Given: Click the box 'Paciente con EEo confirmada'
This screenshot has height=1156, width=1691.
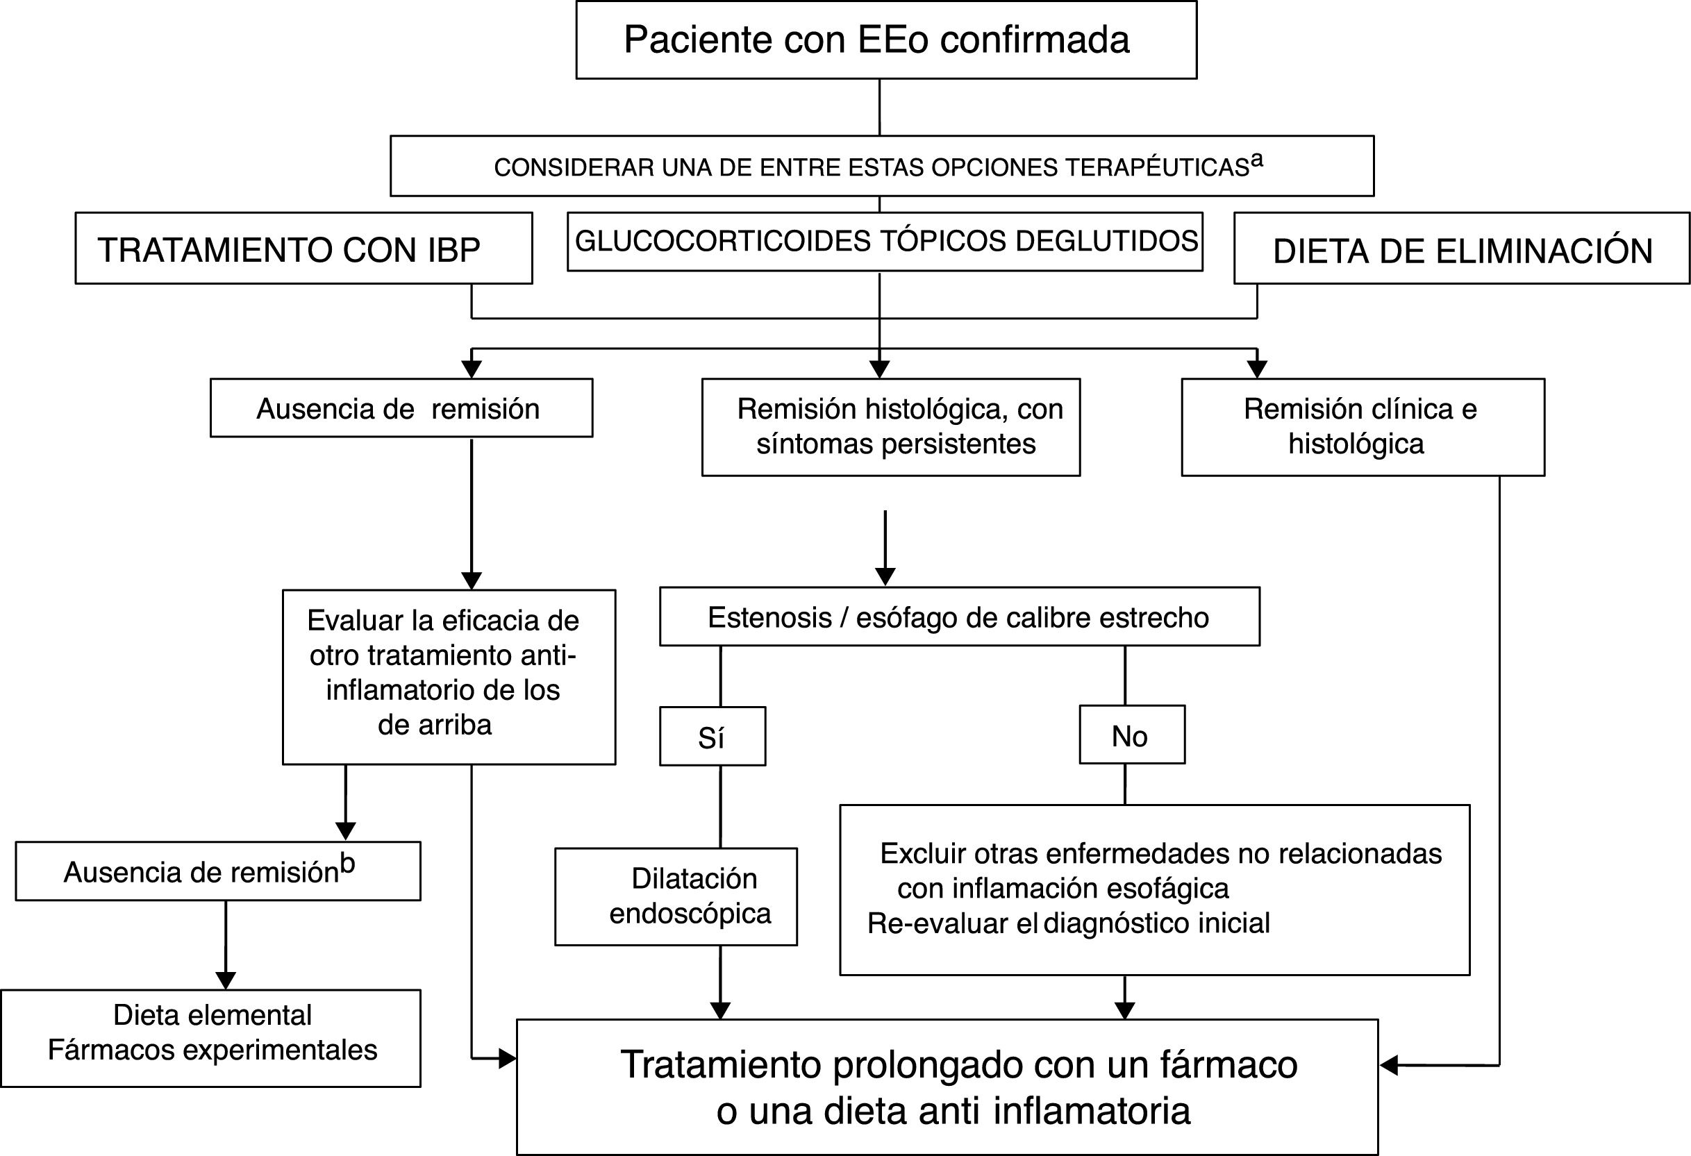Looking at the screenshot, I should pos(885,40).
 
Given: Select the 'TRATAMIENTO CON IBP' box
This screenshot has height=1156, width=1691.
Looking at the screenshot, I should pos(303,248).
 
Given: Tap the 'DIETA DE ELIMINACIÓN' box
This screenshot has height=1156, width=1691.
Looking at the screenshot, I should pos(1461,249).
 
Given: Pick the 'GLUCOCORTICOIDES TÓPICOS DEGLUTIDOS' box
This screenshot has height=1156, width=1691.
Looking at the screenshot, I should pos(885,242).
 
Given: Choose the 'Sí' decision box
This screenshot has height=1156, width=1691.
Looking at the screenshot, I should pos(712,737).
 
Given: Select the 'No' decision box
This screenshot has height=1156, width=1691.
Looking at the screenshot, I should pos(1131,735).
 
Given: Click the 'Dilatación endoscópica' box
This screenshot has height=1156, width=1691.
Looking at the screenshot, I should pos(675,896).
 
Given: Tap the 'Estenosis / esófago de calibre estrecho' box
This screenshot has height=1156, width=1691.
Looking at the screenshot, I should pos(959,617).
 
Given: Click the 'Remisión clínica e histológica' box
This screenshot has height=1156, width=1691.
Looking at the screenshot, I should pos(1362,427).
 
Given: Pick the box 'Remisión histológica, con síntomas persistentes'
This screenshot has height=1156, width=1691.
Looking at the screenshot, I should pos(890,427).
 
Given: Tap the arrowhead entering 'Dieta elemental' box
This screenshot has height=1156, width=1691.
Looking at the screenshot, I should pos(226,980).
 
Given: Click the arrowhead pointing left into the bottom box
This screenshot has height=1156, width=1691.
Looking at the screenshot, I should pos(1388,1065).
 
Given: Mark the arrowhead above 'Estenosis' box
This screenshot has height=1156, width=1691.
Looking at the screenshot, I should pos(885,576).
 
